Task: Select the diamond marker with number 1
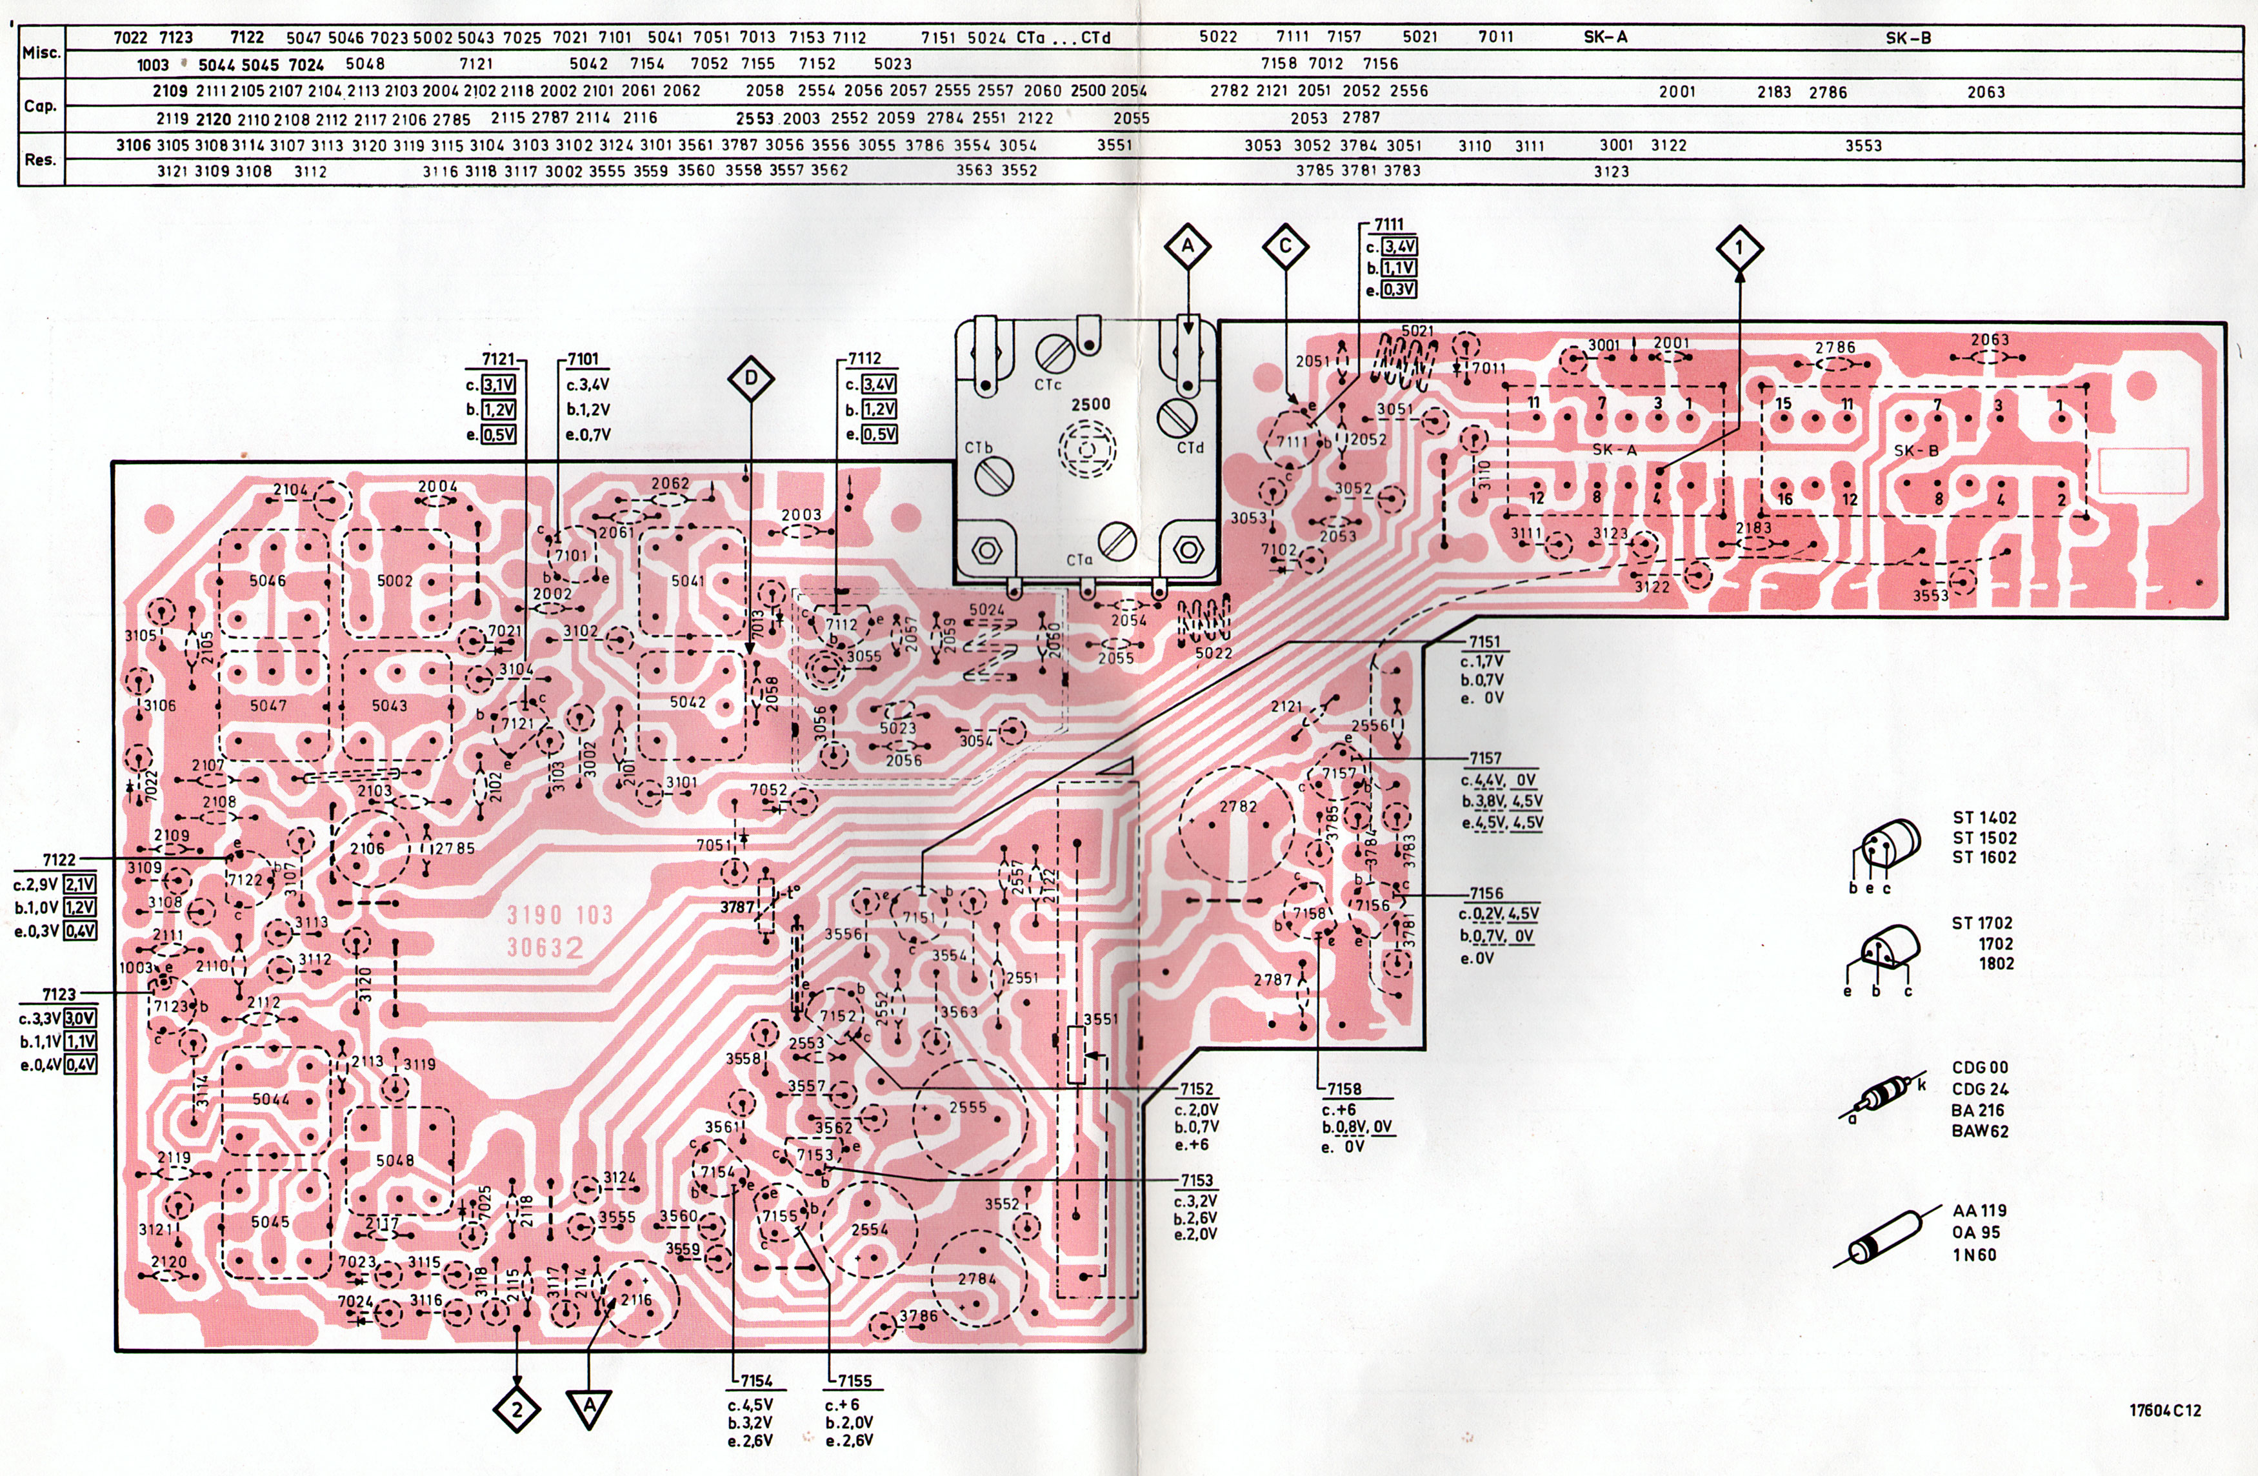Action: click(1739, 248)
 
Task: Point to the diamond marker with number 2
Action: click(517, 1410)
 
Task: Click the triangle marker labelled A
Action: click(589, 1408)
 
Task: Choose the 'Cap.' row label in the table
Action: click(41, 105)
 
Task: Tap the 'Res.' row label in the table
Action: click(40, 159)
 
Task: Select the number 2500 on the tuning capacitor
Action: click(1090, 405)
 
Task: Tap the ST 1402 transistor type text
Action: click(1984, 817)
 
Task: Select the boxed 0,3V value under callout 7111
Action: click(1399, 290)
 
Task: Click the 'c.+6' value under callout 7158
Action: click(1339, 1109)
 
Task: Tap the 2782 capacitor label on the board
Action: click(1238, 807)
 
